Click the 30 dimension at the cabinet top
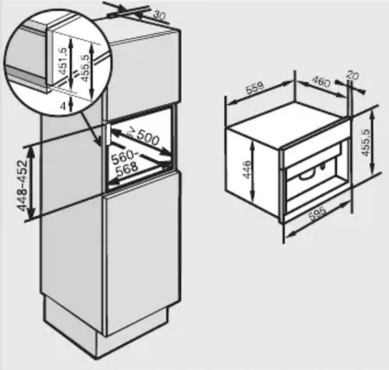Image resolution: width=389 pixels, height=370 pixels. coord(159,16)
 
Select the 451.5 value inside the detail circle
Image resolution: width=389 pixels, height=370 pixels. coord(63,61)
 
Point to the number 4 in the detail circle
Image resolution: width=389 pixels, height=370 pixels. coord(64,106)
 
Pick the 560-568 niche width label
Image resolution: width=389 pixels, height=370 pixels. coord(124,163)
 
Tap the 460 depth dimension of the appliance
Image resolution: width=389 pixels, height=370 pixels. coord(321,82)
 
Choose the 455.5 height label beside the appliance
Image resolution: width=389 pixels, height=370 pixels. coord(366,142)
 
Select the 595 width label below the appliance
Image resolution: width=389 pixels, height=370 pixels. coord(318,214)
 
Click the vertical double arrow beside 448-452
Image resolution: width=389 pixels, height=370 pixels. coord(31,183)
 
